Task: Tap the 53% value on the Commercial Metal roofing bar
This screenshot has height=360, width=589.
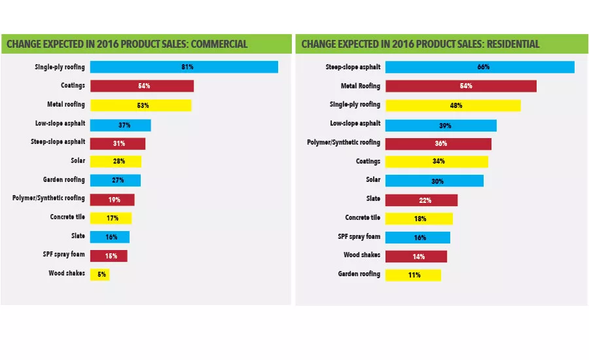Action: [143, 105]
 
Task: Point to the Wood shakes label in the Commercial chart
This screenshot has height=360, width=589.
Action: [67, 274]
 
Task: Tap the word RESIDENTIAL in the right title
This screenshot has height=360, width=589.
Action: [507, 45]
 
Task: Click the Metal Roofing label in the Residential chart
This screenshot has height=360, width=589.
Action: [360, 86]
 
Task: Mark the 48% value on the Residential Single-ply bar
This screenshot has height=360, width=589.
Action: [456, 105]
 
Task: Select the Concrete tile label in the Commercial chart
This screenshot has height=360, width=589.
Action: [67, 217]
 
